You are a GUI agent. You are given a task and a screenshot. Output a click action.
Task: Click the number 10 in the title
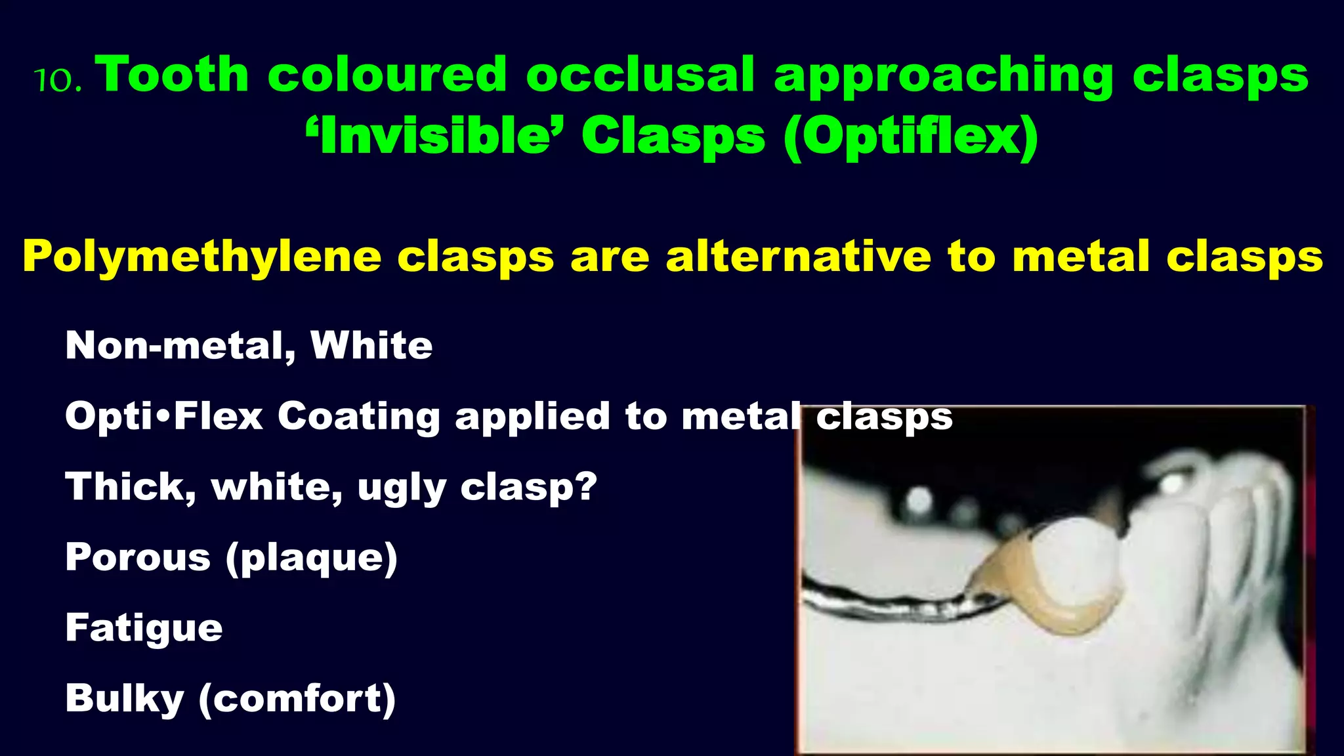coord(57,80)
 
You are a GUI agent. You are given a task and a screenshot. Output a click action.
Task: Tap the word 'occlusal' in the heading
coord(640,74)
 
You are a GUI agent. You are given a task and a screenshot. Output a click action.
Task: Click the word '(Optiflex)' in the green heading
coord(910,136)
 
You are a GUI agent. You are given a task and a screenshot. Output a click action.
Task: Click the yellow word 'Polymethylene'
coord(202,257)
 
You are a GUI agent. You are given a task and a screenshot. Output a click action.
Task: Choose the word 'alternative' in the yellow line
coord(798,257)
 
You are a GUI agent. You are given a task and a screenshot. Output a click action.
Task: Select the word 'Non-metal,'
coord(180,346)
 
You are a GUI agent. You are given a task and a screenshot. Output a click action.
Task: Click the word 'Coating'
coord(358,417)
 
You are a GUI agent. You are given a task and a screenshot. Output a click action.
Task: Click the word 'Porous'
coord(138,558)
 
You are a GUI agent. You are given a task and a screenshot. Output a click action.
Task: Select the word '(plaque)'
coord(312,558)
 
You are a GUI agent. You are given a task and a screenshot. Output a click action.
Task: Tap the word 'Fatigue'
coord(144,629)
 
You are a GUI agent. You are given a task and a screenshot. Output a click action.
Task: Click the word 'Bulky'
coord(125,699)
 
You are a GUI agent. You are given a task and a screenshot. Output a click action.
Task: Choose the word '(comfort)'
coord(297,699)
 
